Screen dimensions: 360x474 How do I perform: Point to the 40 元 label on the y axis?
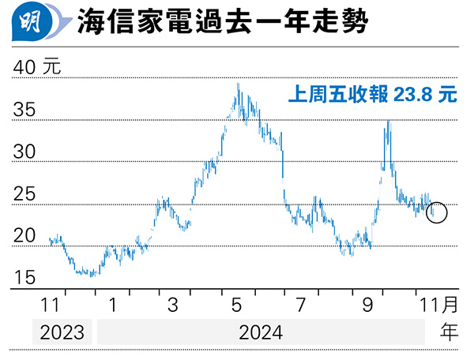pyautogui.click(x=37, y=68)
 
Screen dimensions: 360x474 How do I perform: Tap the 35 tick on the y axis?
pyautogui.click(x=24, y=111)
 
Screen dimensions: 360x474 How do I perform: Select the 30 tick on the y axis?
pyautogui.click(x=24, y=152)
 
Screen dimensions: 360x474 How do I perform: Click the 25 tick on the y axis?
pyautogui.click(x=24, y=194)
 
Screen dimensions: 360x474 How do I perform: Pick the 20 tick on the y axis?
pyautogui.click(x=24, y=236)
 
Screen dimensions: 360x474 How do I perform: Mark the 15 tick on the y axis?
pyautogui.click(x=24, y=278)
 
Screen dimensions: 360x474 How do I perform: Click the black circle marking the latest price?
pyautogui.click(x=436, y=212)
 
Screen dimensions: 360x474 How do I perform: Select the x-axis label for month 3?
pyautogui.click(x=173, y=305)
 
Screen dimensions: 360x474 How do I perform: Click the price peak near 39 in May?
pyautogui.click(x=239, y=85)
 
